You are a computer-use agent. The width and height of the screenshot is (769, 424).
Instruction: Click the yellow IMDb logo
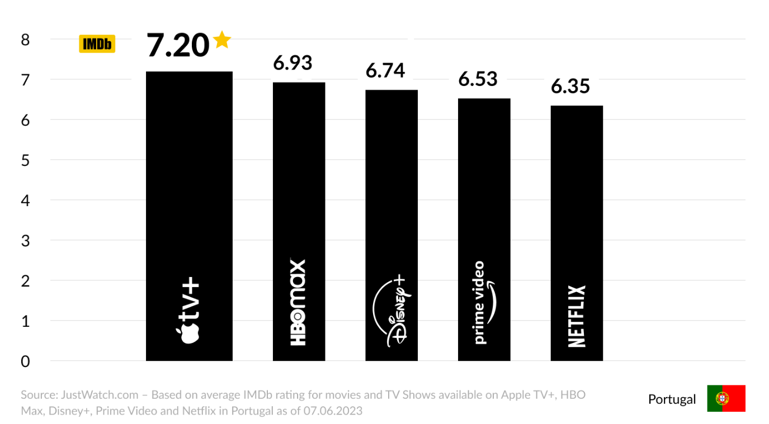97,44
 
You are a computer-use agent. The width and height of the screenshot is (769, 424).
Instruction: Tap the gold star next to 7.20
222,40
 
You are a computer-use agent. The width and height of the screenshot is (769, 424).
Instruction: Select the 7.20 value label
178,45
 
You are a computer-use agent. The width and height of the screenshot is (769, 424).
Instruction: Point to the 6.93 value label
292,63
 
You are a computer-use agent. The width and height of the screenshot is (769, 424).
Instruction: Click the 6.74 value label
385,70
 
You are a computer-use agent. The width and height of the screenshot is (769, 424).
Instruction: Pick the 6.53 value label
478,79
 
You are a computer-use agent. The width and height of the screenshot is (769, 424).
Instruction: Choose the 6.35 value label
570,86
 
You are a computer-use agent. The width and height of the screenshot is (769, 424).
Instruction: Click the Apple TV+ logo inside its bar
188,310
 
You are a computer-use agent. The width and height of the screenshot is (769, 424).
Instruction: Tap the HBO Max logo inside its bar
298,302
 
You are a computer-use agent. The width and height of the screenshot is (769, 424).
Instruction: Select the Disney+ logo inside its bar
391,311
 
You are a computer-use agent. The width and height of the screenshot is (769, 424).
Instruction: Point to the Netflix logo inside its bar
577,316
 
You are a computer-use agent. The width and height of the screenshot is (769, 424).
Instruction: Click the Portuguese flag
726,398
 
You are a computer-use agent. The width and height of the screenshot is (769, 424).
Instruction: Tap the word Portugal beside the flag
672,399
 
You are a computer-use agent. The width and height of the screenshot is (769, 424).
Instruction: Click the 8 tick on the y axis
25,40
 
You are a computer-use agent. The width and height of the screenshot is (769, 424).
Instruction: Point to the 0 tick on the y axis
25,361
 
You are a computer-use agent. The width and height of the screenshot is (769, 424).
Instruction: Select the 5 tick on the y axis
25,160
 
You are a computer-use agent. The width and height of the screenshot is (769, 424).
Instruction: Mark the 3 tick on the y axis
25,241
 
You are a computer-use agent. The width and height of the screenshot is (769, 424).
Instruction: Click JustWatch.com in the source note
100,395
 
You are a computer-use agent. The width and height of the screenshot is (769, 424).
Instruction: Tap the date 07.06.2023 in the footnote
333,411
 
